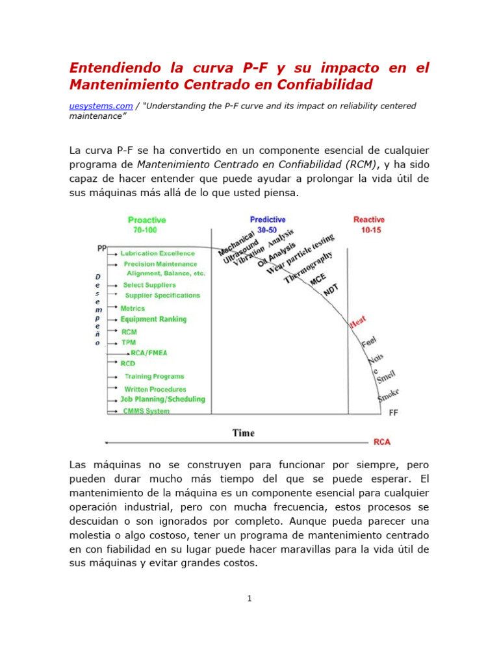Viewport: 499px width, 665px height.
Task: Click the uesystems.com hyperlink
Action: pyautogui.click(x=101, y=106)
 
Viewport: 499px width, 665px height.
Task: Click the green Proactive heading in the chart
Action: pyautogui.click(x=147, y=220)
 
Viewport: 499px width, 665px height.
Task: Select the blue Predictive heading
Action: pyautogui.click(x=268, y=220)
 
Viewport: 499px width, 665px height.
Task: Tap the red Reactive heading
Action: pyautogui.click(x=368, y=220)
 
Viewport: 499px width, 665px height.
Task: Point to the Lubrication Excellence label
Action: pyautogui.click(x=157, y=253)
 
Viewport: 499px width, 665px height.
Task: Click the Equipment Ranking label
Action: pyautogui.click(x=153, y=320)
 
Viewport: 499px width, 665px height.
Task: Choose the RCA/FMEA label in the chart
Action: pyautogui.click(x=149, y=353)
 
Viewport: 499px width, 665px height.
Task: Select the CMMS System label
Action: pyautogui.click(x=146, y=411)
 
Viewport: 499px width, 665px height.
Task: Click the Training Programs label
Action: pyautogui.click(x=154, y=377)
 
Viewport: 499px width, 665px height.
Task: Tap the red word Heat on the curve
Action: pyautogui.click(x=359, y=321)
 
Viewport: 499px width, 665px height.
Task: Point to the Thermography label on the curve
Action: pyautogui.click(x=309, y=268)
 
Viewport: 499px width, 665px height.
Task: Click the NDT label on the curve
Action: pyautogui.click(x=331, y=290)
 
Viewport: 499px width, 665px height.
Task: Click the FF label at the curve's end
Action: pyautogui.click(x=394, y=412)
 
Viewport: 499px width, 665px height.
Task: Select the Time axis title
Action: pyautogui.click(x=244, y=433)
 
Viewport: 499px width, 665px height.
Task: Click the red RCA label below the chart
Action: pyautogui.click(x=382, y=442)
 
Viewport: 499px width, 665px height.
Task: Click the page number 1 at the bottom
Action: pyautogui.click(x=249, y=598)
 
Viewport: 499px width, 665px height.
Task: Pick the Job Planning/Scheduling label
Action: pyautogui.click(x=162, y=399)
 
